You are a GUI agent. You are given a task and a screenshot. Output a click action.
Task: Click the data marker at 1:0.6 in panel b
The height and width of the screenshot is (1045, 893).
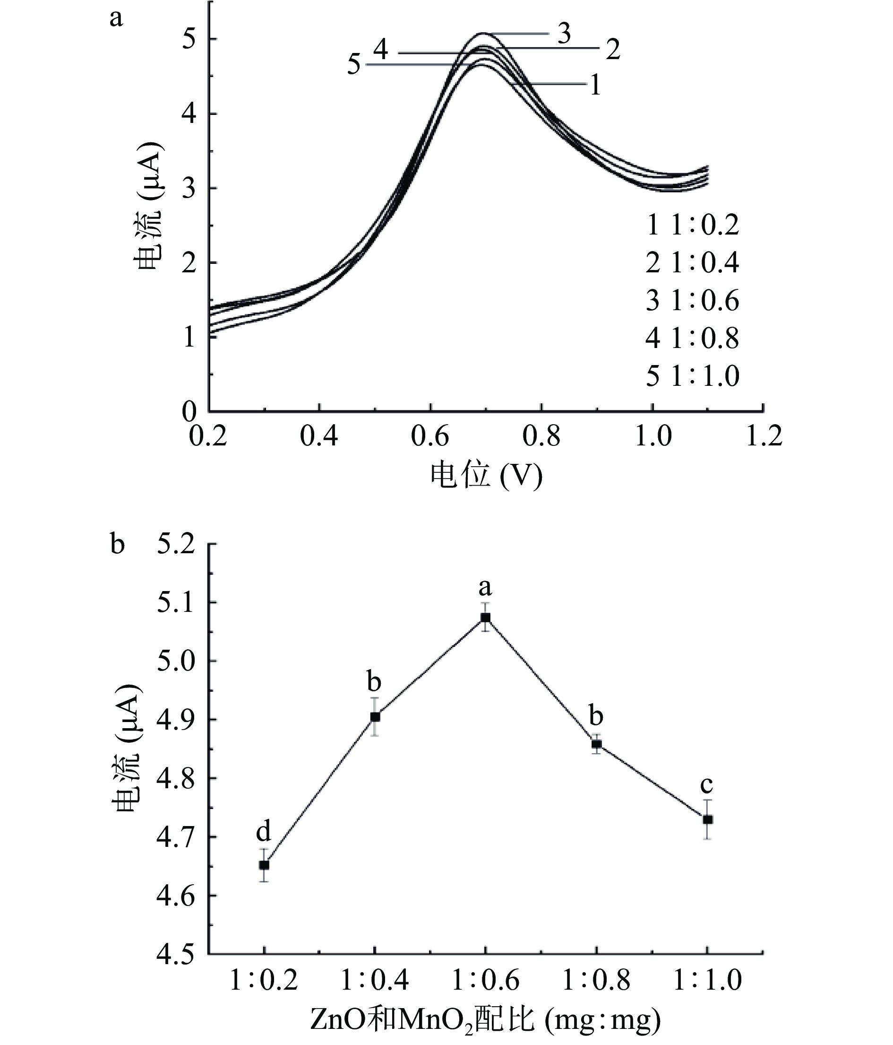485,618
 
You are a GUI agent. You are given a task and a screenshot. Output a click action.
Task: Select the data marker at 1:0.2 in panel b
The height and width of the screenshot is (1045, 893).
264,865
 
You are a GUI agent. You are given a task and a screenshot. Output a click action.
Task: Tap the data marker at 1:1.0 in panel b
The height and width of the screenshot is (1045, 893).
707,819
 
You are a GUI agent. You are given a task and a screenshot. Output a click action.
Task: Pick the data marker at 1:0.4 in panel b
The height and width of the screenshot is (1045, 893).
375,717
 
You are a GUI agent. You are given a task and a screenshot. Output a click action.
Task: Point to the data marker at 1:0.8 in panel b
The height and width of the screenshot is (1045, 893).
596,744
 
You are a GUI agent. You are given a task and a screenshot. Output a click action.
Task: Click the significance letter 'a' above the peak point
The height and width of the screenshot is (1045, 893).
485,587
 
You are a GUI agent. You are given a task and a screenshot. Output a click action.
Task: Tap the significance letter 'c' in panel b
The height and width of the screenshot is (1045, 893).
706,785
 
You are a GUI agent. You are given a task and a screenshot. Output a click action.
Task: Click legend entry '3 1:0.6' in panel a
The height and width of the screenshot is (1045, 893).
692,301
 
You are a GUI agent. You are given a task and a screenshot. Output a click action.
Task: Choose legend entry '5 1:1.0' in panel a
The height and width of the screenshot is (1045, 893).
692,376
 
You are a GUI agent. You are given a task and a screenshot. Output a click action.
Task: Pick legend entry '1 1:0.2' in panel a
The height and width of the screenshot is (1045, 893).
692,225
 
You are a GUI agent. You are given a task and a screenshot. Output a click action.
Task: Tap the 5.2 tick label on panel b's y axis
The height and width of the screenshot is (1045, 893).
176,545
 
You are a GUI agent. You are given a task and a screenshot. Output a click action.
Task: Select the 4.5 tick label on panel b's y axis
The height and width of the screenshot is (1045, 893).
176,954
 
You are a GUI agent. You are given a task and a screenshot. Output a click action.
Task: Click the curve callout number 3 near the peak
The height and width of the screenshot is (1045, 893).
564,34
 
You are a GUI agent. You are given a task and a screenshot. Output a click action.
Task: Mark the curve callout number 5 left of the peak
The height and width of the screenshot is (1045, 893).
354,65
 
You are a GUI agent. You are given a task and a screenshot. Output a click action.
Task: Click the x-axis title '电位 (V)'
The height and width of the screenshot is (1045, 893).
486,476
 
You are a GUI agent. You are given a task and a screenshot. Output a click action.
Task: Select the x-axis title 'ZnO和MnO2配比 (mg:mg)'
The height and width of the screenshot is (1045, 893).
485,1020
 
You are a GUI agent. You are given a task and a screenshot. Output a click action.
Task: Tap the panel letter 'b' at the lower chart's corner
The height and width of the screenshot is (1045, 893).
117,545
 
